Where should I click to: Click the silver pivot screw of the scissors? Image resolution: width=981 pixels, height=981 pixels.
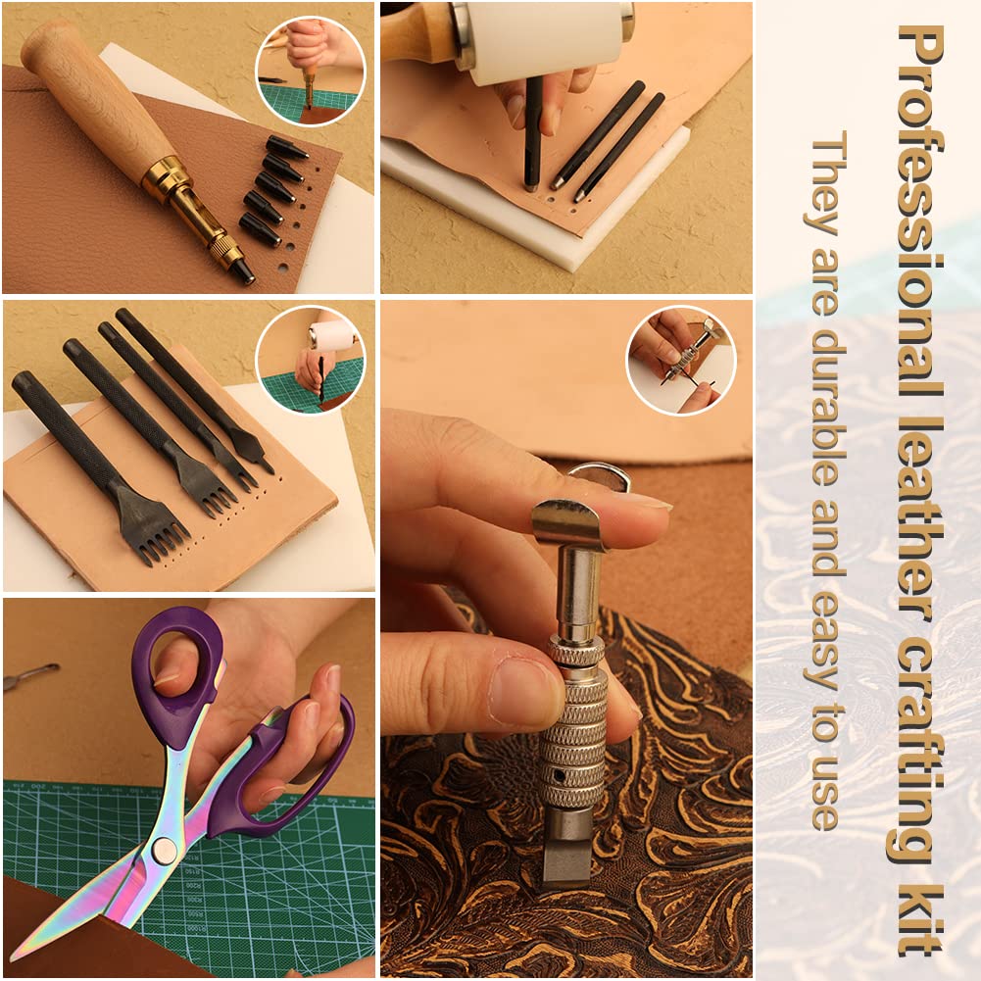click(165, 849)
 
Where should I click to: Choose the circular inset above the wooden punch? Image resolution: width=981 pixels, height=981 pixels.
click(310, 70)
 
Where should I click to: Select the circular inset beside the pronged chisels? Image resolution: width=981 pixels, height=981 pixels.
click(310, 358)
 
